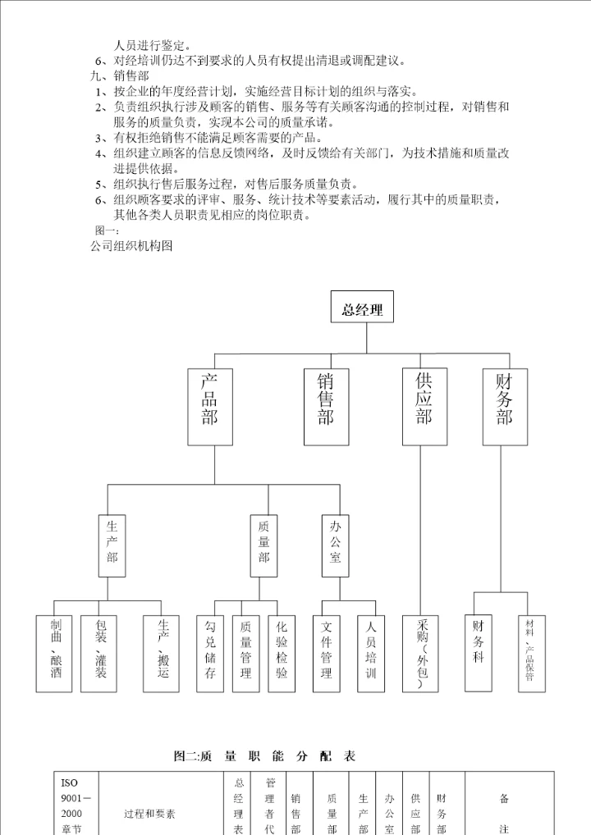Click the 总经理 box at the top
tap(362, 311)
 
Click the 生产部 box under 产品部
tap(112, 545)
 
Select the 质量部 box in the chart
tap(263, 545)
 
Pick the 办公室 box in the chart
tap(335, 545)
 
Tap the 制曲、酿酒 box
tap(56, 653)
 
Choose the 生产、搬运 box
tap(162, 653)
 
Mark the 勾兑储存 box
tap(210, 653)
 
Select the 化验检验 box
tap(282, 653)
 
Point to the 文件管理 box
tap(327, 653)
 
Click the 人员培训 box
tap(371, 653)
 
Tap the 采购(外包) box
tap(421, 653)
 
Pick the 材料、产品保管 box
tap(530, 653)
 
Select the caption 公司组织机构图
tap(131, 244)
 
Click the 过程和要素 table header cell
tap(149, 814)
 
